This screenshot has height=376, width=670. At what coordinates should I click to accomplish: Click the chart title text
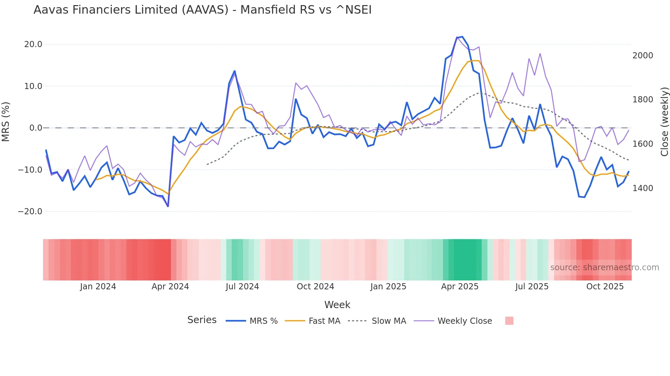[x=202, y=10]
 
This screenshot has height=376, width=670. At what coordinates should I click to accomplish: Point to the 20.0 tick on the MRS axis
[x=33, y=44]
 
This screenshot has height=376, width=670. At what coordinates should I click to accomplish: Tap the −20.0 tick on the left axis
[x=30, y=212]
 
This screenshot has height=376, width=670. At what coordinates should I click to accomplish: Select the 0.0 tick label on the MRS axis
[x=36, y=128]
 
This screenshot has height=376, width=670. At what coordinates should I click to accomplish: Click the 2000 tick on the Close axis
[x=643, y=56]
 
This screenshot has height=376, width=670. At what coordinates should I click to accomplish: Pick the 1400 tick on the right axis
[x=643, y=188]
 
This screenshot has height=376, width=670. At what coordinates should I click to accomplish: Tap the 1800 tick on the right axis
[x=643, y=100]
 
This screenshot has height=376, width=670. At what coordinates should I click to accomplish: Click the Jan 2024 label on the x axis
[x=98, y=287]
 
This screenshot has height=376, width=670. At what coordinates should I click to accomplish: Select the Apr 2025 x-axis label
[x=460, y=287]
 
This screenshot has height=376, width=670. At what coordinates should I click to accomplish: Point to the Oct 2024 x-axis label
[x=315, y=287]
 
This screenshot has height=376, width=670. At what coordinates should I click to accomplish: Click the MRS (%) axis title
[x=6, y=121]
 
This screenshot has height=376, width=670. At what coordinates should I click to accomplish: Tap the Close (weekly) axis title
[x=664, y=122]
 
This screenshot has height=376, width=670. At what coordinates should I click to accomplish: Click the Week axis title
[x=337, y=305]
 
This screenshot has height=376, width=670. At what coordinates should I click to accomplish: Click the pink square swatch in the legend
[x=509, y=321]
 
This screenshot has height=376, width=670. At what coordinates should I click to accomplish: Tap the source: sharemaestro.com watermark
[x=604, y=267]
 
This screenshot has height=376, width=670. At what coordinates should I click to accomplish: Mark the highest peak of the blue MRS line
[x=462, y=37]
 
